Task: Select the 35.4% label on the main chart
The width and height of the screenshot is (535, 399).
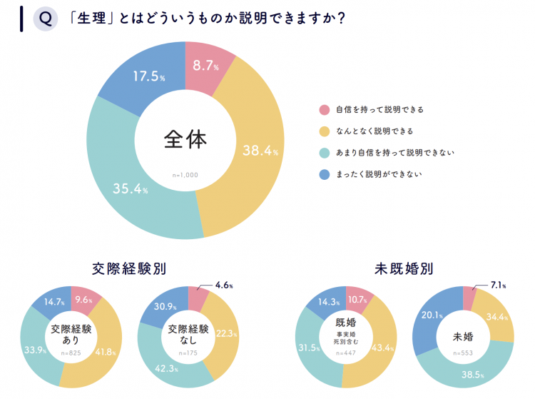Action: (131, 189)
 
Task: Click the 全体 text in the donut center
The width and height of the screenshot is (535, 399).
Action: (185, 139)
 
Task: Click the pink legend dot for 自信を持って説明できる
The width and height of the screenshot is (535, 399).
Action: (325, 110)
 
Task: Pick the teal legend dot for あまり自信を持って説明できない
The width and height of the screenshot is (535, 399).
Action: (325, 153)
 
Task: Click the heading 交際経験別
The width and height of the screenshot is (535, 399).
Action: (129, 269)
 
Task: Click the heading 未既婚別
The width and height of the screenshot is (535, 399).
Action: (404, 269)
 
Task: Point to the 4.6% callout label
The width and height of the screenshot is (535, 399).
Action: (225, 285)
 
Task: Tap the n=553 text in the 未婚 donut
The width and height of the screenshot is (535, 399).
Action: (464, 353)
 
